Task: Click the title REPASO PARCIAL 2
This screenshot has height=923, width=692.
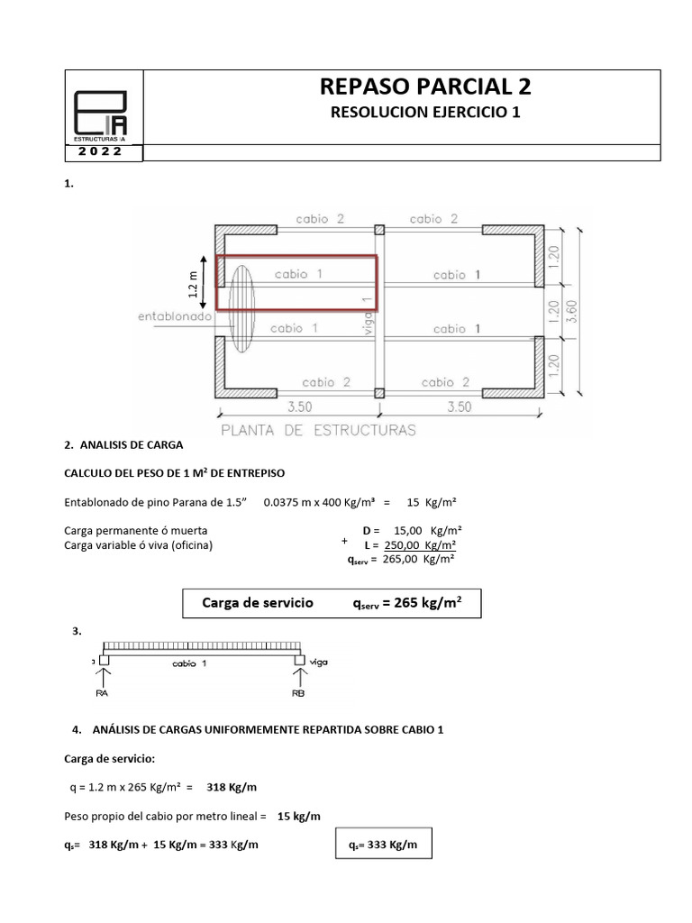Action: click(x=425, y=87)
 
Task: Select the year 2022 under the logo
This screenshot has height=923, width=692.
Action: click(x=105, y=152)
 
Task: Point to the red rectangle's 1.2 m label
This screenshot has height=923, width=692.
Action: click(x=192, y=282)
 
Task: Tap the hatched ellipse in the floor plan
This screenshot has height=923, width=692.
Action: click(x=241, y=307)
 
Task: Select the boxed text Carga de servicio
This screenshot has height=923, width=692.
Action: click(x=258, y=603)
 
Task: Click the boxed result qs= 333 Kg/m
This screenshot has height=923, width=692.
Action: click(x=382, y=845)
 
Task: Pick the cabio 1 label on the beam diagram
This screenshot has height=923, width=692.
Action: click(x=190, y=663)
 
